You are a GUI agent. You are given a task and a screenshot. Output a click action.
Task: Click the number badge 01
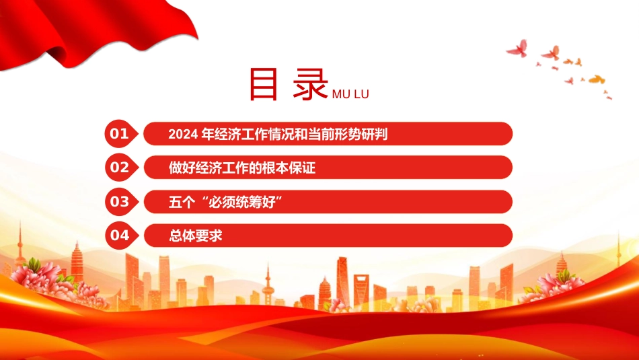coord(121,133)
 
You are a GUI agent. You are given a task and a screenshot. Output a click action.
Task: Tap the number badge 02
coord(121,167)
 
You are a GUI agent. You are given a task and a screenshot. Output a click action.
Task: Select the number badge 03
coord(121,201)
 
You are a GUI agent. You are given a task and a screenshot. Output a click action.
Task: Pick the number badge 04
coord(121,236)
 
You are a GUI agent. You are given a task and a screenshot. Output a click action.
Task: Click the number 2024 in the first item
coord(183,134)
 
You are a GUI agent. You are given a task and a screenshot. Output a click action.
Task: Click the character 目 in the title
coord(263,84)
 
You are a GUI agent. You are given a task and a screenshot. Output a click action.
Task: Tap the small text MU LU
coord(350,94)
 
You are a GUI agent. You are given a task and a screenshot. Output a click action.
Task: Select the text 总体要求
coord(196,236)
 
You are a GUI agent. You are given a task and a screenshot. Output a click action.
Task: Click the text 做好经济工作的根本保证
coord(242,168)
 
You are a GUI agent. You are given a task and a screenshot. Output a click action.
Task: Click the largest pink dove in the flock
coord(518,48)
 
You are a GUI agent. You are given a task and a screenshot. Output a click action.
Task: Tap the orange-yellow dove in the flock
coord(597,79)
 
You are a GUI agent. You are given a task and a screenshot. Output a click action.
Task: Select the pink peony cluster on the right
coord(560,283)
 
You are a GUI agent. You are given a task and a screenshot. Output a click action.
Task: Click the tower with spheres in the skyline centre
coord(268,285)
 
